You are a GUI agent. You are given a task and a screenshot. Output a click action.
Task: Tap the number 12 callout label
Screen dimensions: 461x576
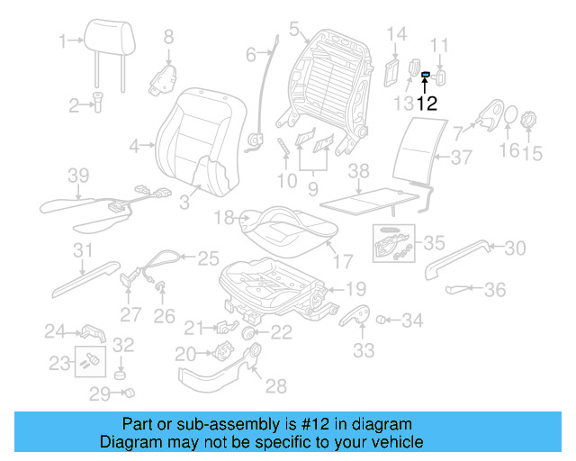click(426, 103)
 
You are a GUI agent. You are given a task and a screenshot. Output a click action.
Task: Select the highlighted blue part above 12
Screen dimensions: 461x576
click(426, 76)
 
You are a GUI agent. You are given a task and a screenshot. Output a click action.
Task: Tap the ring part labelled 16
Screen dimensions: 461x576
click(508, 119)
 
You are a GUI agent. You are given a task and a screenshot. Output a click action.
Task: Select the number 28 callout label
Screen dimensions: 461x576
click(274, 386)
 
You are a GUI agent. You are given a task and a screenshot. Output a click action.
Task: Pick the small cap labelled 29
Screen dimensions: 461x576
click(129, 393)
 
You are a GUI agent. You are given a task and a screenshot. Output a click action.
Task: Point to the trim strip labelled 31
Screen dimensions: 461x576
click(86, 279)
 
